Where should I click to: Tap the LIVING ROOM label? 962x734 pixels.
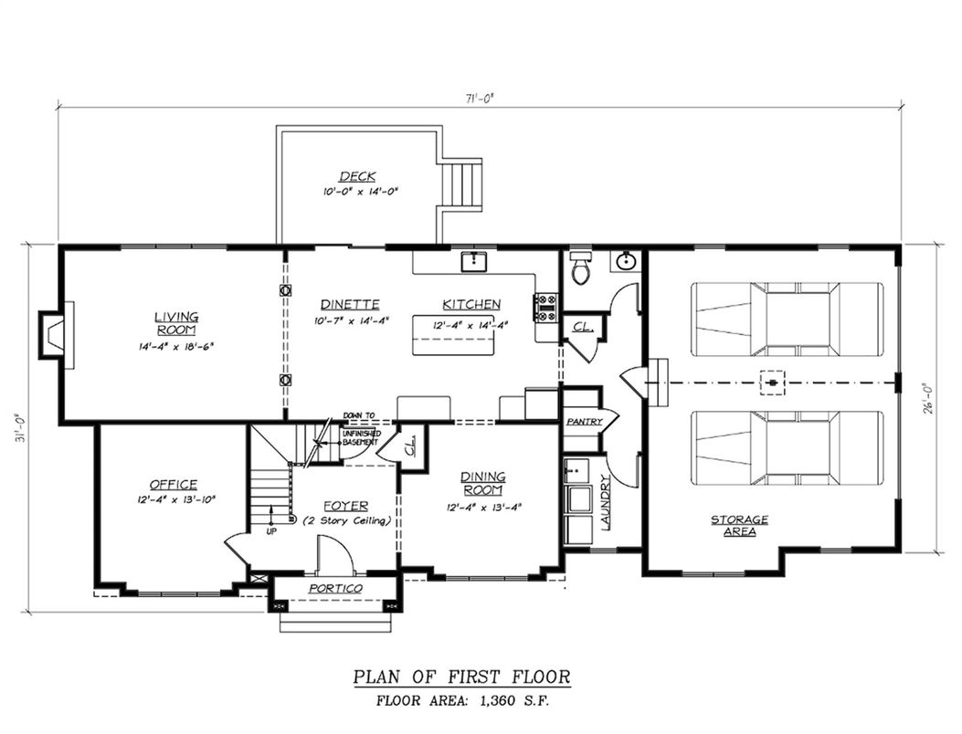point(176,322)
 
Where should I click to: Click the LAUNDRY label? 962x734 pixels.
point(604,506)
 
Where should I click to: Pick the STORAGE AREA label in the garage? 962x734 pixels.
point(740,525)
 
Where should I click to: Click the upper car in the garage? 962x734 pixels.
point(787,319)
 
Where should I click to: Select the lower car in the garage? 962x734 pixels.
point(787,447)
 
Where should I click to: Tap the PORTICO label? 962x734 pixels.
point(335,589)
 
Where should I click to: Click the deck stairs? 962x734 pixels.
point(462,185)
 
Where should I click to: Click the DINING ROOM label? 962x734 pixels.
point(483,482)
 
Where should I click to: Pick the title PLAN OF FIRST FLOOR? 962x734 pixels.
point(462,676)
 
